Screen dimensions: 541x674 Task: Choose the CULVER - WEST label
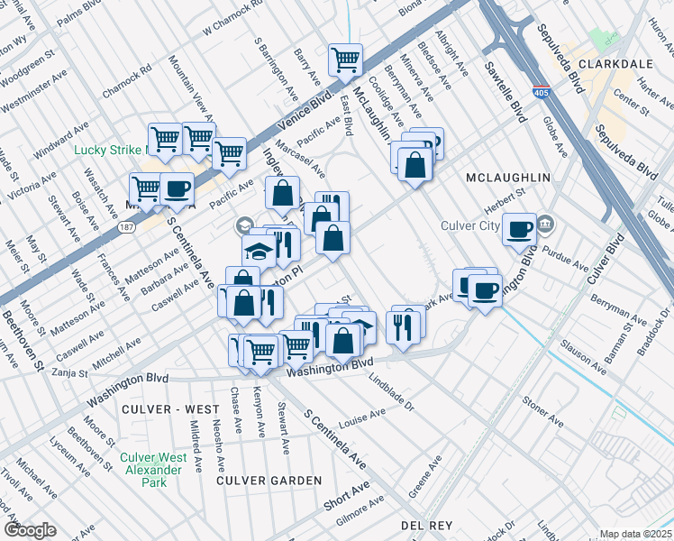(169, 409)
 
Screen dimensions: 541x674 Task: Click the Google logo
(30, 530)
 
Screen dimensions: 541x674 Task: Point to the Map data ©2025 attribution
(635, 534)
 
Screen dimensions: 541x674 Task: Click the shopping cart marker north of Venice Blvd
(346, 60)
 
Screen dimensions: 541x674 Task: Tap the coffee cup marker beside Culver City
(518, 229)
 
